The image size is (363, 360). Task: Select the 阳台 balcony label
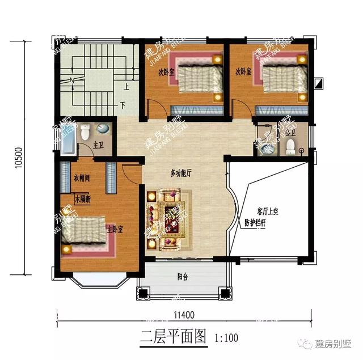pos(183,277)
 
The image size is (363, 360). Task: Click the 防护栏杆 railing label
pos(255,223)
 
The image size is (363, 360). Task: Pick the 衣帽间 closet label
pos(82,178)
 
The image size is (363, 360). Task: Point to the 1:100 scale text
pos(226,338)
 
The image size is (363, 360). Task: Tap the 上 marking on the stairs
pos(126,87)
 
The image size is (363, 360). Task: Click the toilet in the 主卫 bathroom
pos(85,132)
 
